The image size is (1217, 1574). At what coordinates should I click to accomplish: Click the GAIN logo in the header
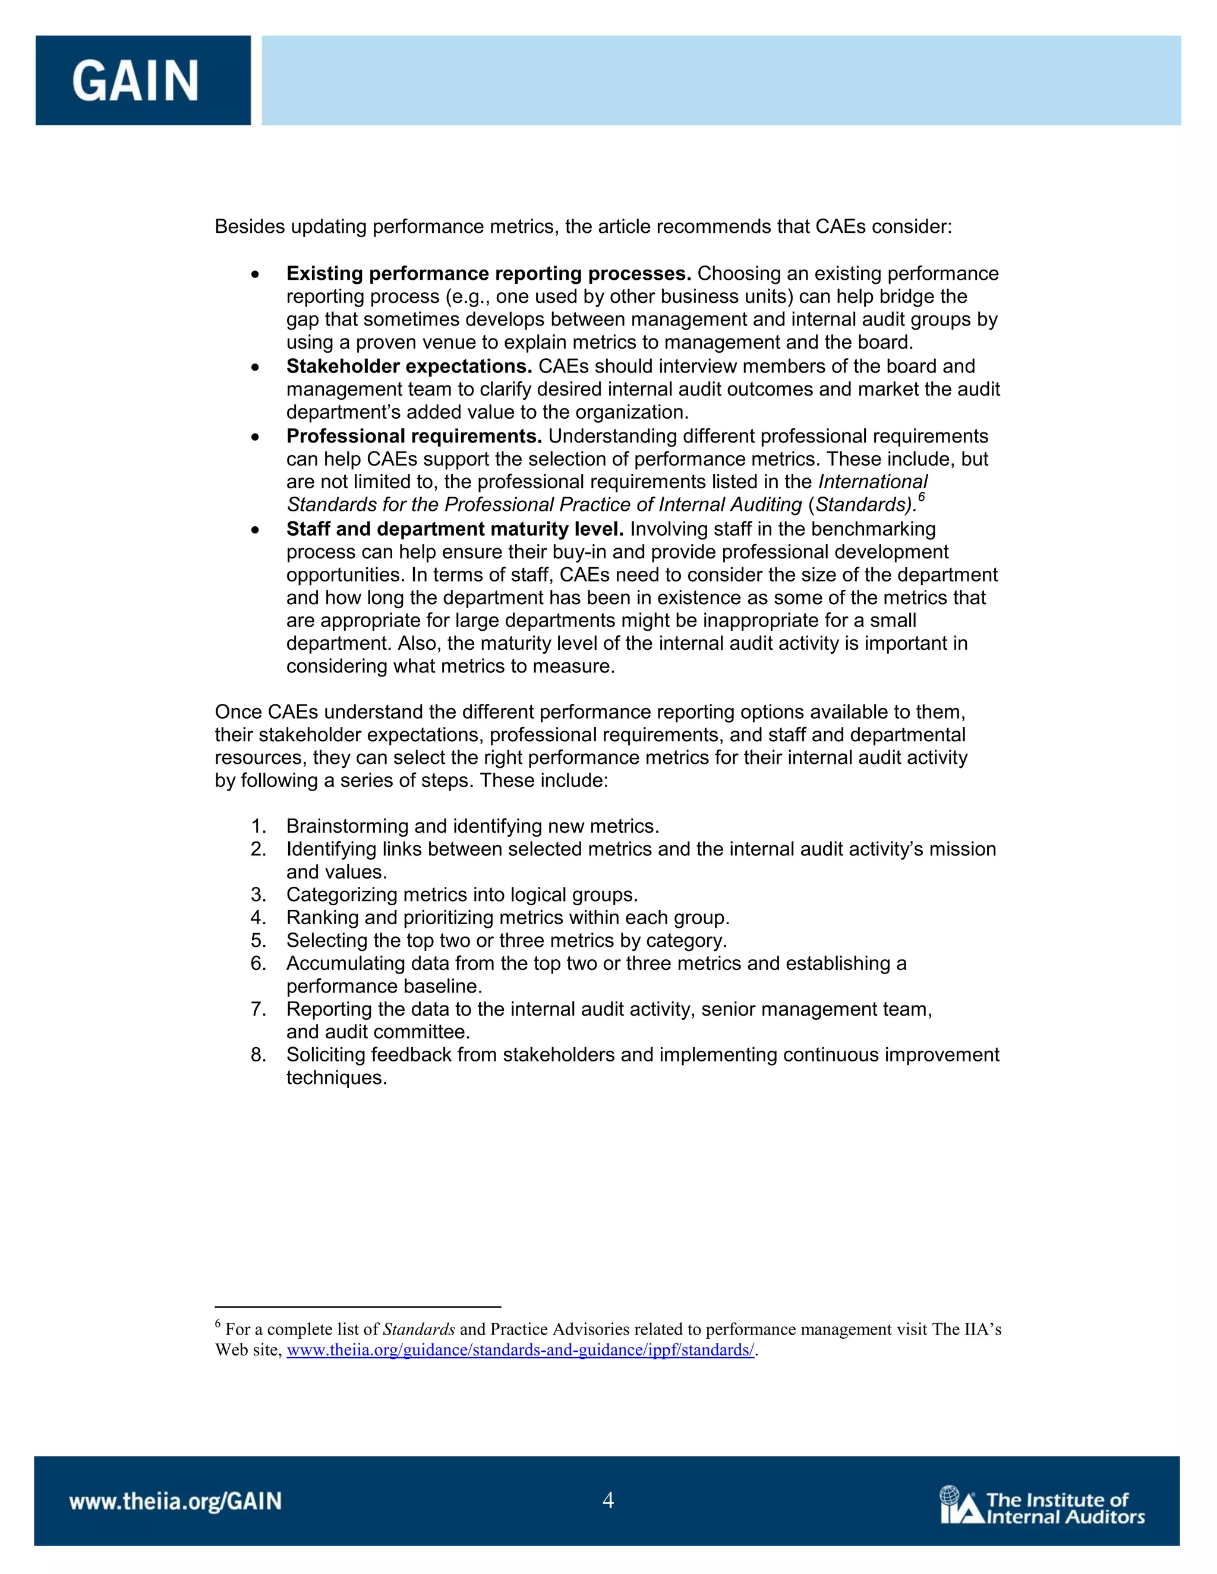135,80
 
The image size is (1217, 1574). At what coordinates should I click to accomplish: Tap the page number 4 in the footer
608,1500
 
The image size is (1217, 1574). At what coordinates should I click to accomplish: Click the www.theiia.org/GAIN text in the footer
175,1501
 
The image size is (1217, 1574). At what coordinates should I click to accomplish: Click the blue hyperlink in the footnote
520,1350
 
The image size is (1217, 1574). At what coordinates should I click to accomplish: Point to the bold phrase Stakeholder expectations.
409,366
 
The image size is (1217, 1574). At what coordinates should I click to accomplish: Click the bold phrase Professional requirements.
414,436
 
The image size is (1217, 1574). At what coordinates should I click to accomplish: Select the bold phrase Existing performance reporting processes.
488,274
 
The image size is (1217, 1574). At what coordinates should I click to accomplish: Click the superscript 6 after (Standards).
922,497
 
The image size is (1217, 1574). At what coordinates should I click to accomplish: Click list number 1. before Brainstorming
258,826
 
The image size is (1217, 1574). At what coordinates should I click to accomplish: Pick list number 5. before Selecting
258,940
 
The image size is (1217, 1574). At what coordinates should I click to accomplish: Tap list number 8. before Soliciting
258,1055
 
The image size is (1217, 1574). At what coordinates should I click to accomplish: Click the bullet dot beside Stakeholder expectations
255,368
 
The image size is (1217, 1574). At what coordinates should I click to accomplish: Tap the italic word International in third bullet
872,482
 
